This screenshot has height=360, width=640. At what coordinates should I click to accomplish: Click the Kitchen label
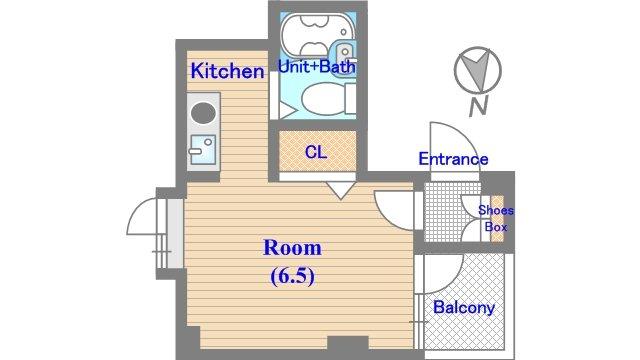pos(227,71)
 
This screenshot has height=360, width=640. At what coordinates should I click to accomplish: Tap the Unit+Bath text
pos(317,67)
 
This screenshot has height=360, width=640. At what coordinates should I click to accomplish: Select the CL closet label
pos(316,152)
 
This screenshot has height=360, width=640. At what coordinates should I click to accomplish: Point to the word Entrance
pos(453,159)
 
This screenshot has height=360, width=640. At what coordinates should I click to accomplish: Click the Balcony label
pos(464,307)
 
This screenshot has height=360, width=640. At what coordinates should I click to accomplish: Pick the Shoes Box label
pos(496,218)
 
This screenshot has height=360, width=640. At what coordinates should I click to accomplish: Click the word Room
pos(292,248)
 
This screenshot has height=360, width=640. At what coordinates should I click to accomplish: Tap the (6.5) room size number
pos(292,276)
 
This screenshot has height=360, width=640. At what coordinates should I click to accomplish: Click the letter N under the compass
pos(478,107)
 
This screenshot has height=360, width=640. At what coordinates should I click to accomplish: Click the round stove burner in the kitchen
pos(203,112)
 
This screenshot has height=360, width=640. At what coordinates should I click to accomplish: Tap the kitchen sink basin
pos(203,150)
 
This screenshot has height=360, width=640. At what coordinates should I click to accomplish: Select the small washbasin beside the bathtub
pos(345,53)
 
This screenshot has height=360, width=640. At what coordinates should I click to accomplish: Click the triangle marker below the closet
pos(340,190)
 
